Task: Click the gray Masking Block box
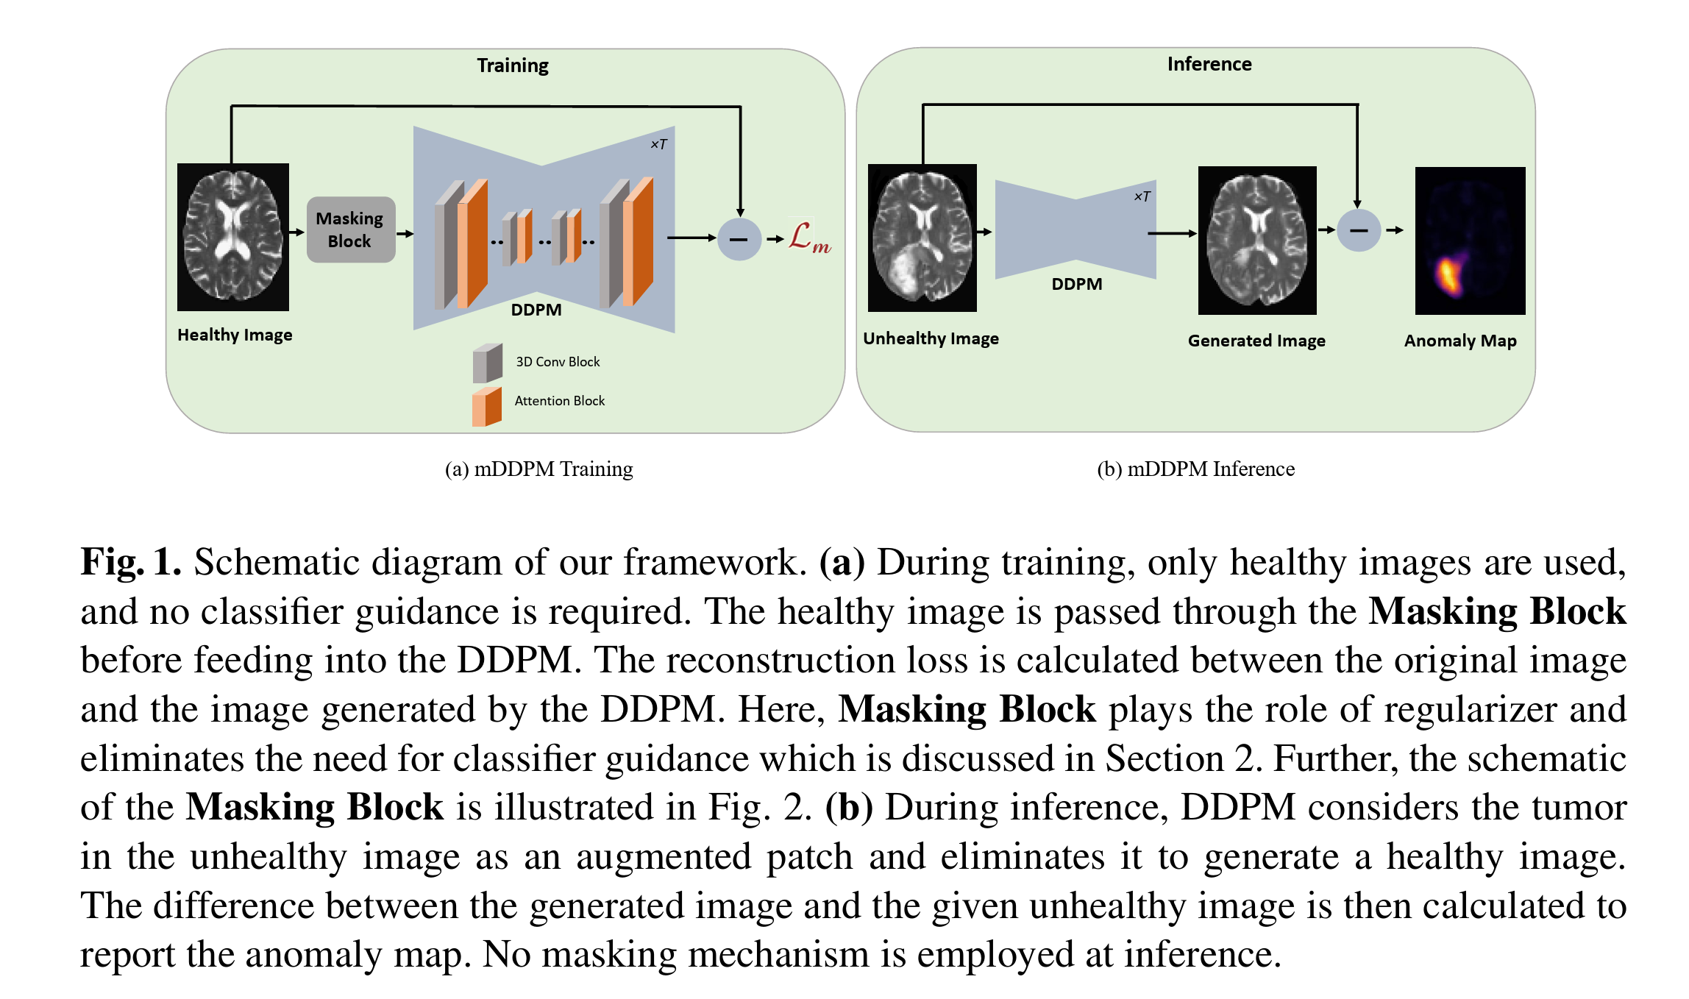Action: [x=351, y=230]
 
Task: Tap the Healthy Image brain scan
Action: [x=233, y=237]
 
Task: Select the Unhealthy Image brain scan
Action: [x=922, y=238]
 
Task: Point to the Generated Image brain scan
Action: [x=1257, y=241]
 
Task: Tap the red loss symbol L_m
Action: [x=810, y=237]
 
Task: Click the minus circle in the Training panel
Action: [x=739, y=239]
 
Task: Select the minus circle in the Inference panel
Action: [x=1358, y=230]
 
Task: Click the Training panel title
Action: [x=513, y=65]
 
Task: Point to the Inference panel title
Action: [x=1209, y=64]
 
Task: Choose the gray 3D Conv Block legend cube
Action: [x=488, y=363]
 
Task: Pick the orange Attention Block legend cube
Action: [x=487, y=407]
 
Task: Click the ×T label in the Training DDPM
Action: [x=659, y=144]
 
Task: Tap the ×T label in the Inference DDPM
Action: [x=1142, y=196]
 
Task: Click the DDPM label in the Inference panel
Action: [x=1077, y=284]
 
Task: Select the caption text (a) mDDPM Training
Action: [x=539, y=469]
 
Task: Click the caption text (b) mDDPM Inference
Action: [x=1196, y=469]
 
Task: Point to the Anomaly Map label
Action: [x=1460, y=341]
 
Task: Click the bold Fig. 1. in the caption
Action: [x=131, y=563]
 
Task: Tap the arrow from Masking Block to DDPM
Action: [x=405, y=234]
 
